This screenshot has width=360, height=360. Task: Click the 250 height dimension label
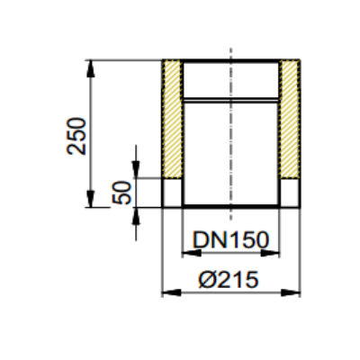(x=76, y=137)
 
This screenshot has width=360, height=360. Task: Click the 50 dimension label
(x=122, y=193)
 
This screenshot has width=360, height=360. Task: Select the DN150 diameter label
(x=230, y=239)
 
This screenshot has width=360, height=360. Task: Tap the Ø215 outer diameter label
(x=229, y=279)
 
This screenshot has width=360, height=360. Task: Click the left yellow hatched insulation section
(x=172, y=119)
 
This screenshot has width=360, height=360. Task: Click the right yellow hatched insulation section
(x=290, y=119)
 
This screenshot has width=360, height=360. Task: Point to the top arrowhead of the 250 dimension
(x=91, y=68)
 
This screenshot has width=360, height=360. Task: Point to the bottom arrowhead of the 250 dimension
(x=91, y=199)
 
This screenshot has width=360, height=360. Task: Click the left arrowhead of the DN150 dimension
(x=192, y=253)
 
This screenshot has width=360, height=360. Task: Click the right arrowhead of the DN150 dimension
(x=270, y=253)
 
